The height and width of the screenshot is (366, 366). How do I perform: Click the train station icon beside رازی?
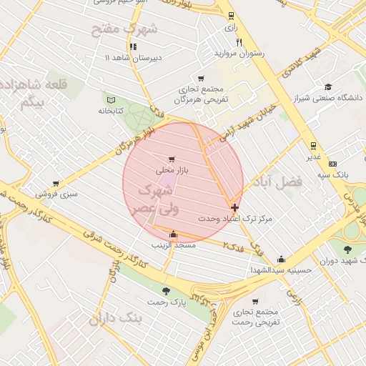[230, 16]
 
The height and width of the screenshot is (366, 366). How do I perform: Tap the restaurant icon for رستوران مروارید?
[239, 42]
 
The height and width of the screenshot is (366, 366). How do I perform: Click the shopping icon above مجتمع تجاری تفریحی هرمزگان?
[200, 79]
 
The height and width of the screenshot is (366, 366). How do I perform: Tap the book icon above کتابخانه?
[110, 100]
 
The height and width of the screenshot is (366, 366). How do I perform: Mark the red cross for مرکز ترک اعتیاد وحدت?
[235, 207]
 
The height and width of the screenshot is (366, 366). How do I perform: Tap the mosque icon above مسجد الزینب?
[173, 234]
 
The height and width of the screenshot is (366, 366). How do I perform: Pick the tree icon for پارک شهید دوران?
[347, 249]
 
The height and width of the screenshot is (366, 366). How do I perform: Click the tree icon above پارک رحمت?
[166, 291]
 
